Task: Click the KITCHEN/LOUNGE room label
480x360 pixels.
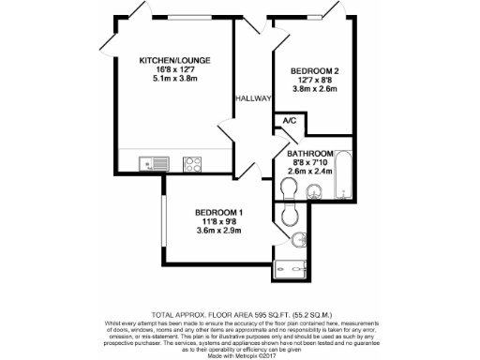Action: point(173,60)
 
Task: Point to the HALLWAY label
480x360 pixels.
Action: point(253,98)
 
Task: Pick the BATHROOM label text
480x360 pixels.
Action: point(310,153)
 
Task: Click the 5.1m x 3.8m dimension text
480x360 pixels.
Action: point(173,79)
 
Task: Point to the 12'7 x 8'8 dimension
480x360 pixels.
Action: point(309,81)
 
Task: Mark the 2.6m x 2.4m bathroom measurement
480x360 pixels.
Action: point(310,172)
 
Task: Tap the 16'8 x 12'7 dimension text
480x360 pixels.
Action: point(173,69)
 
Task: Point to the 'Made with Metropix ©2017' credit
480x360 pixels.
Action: point(240,352)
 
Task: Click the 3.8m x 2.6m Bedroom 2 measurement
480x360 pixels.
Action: point(309,90)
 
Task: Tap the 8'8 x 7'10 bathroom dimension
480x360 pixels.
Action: point(310,162)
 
